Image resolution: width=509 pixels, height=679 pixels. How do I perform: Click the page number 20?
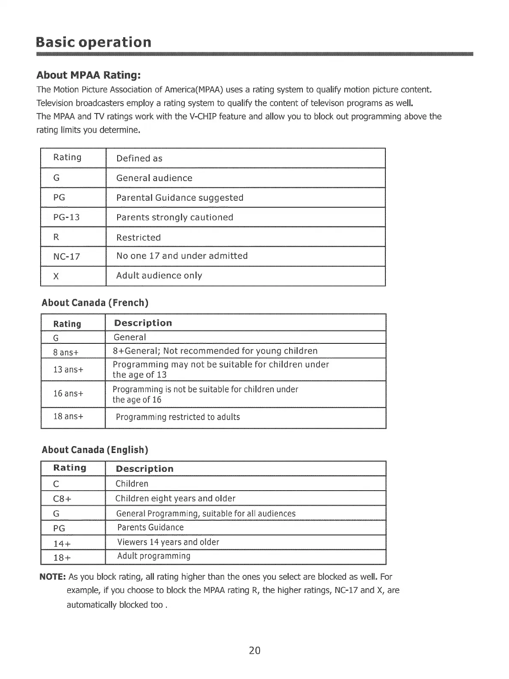(254, 650)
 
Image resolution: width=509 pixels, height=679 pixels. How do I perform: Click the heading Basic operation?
(94, 42)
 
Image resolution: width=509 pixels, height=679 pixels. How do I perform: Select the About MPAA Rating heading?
(89, 75)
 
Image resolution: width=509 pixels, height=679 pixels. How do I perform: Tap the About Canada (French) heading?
(95, 303)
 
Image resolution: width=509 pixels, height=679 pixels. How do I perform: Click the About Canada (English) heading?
(95, 450)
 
